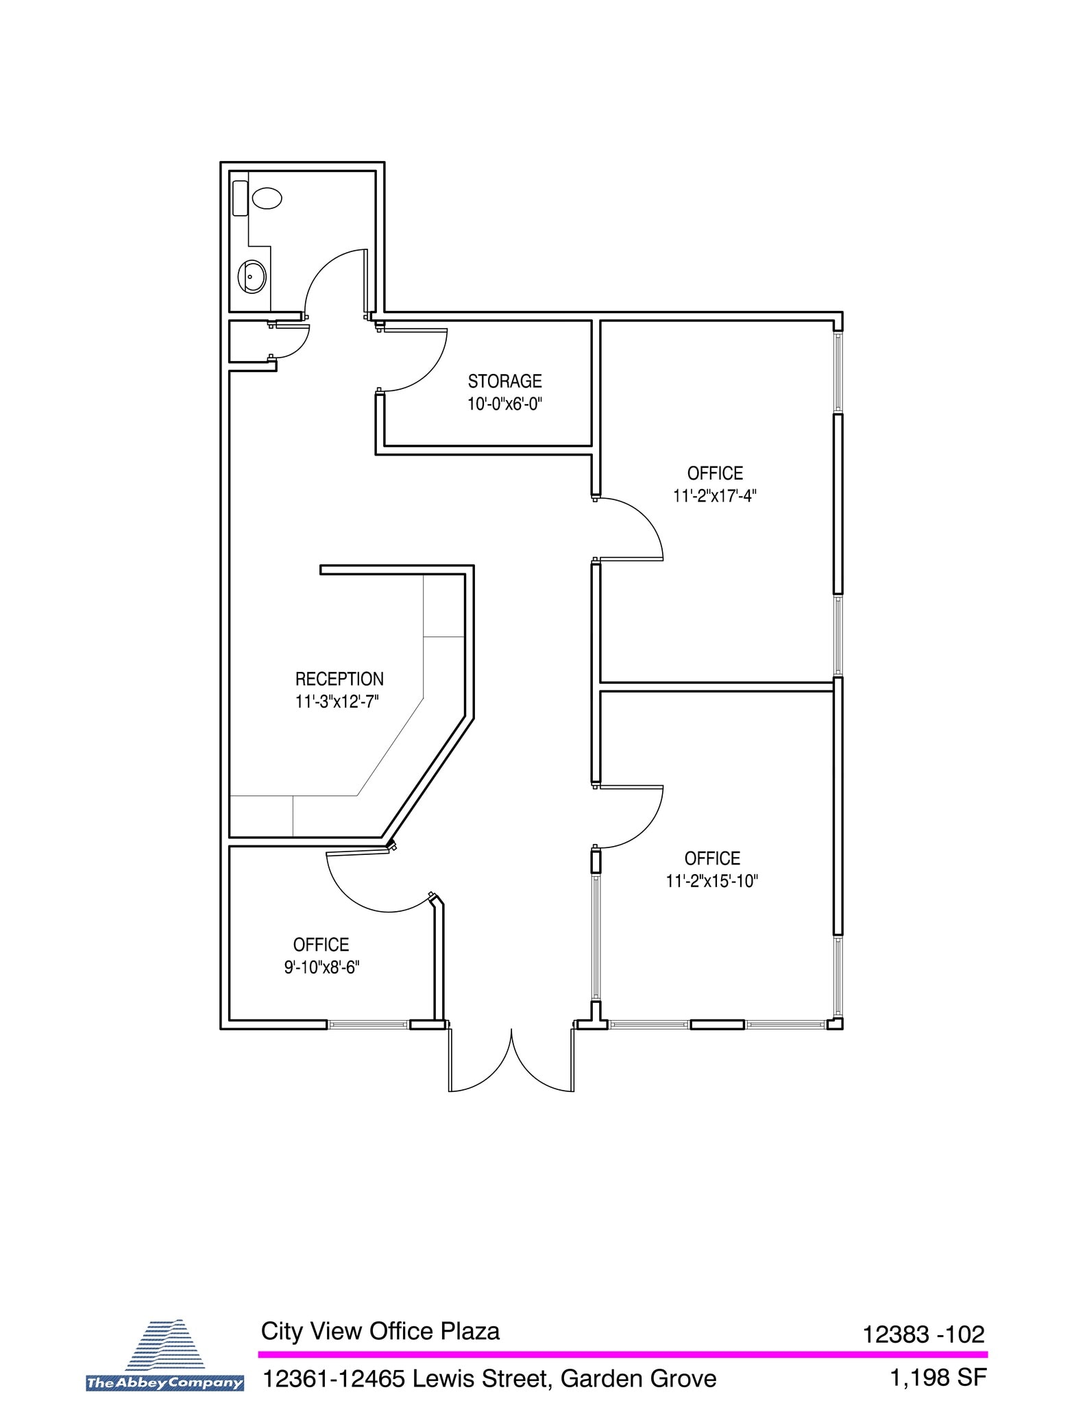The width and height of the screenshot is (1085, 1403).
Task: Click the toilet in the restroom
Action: coord(267,199)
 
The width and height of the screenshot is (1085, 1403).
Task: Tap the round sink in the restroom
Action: coord(252,277)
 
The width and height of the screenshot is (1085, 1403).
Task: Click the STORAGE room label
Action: coord(504,381)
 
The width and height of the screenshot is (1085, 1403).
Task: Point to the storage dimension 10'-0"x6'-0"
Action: coord(504,403)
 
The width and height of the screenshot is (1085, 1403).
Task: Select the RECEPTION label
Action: coord(339,679)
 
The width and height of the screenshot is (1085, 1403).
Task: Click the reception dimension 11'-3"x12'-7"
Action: coord(337,701)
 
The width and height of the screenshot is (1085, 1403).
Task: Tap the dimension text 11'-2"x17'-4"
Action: coord(714,495)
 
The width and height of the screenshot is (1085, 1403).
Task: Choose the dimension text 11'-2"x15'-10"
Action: coord(712,881)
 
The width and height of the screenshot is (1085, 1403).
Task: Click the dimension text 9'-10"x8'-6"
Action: coord(321,967)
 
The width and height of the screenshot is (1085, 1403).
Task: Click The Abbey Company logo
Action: coord(165,1363)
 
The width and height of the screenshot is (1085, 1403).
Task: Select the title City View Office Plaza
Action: coord(380,1331)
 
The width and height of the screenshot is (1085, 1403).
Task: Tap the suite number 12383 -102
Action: coord(923,1334)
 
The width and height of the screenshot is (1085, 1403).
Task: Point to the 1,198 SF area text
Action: coord(938,1378)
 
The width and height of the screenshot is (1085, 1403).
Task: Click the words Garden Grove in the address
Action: coord(638,1378)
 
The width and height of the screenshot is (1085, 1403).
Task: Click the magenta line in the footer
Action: coord(622,1354)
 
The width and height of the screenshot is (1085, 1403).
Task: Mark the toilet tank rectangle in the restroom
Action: coord(240,198)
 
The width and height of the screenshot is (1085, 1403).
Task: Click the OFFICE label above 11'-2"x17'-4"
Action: coord(715,473)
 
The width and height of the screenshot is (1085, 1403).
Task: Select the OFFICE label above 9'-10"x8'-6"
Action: coord(321,945)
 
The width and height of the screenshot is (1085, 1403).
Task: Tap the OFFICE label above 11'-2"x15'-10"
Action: coord(712,858)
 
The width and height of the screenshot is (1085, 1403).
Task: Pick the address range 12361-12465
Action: coord(334,1378)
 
